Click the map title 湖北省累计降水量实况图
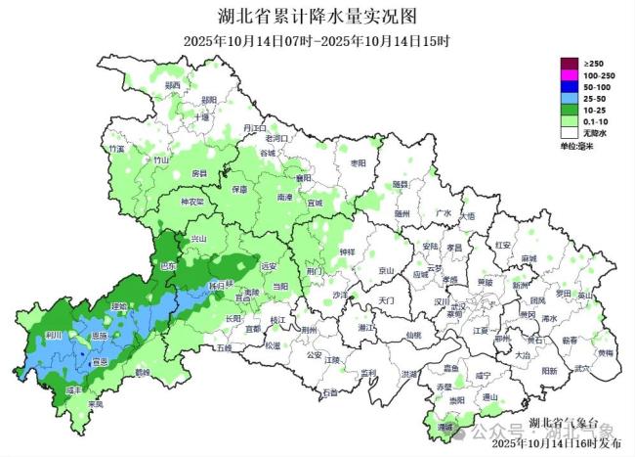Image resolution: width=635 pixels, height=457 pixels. click(317, 17)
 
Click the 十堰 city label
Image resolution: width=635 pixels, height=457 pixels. click(202, 116)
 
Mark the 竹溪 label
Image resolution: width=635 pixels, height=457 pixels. click(118, 149)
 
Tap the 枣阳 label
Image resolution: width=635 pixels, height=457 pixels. click(359, 162)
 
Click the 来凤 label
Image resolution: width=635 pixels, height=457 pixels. click(95, 403)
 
